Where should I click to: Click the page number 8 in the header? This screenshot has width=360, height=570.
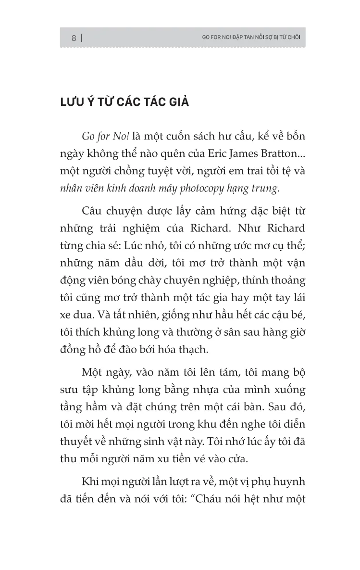[74, 38]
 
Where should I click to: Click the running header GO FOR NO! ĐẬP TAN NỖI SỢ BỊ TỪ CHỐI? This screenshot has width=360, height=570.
[248, 38]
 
